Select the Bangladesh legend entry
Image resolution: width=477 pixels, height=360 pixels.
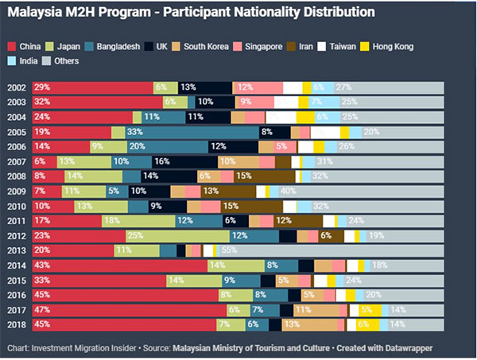tap(114, 47)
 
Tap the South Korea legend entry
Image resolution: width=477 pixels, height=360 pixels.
tap(203, 47)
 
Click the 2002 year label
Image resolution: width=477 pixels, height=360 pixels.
tap(17, 87)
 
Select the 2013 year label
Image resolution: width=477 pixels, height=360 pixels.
tap(17, 250)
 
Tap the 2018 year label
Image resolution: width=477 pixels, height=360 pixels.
tap(17, 324)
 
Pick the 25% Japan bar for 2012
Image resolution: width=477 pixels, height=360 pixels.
tap(179, 235)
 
